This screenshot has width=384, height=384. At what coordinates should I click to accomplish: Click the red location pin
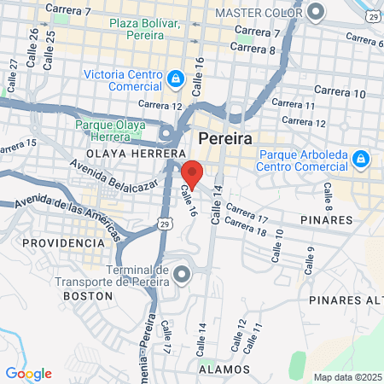pyautogui.click(x=192, y=173)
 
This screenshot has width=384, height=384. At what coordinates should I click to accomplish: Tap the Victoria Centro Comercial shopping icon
pyautogui.click(x=176, y=79)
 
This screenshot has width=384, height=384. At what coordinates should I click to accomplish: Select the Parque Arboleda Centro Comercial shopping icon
pyautogui.click(x=361, y=159)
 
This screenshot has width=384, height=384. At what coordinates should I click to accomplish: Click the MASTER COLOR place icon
pyautogui.click(x=317, y=13)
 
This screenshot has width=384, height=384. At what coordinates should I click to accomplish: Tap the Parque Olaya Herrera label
pyautogui.click(x=111, y=129)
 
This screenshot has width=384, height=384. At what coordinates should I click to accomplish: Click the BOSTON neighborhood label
pyautogui.click(x=88, y=295)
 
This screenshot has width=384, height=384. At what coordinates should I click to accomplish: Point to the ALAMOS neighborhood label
pyautogui.click(x=224, y=369)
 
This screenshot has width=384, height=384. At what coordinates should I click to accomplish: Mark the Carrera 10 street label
pyautogui.click(x=340, y=91)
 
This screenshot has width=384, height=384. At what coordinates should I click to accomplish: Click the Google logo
pyautogui.click(x=28, y=373)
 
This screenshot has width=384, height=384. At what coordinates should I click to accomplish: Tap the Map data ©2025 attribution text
pyautogui.click(x=346, y=377)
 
